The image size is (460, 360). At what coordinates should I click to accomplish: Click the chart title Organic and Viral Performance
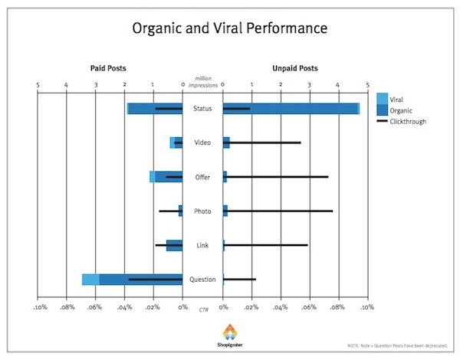[x=229, y=28]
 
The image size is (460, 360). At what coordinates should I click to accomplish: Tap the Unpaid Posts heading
[x=294, y=69]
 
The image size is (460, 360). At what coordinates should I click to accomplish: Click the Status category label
[x=202, y=109]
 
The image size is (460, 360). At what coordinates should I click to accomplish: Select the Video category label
[x=202, y=143]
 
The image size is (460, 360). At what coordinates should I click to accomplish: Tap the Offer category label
[x=202, y=177]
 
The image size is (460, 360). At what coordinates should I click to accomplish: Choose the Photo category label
[x=202, y=211]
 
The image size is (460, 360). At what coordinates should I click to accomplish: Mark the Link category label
[x=202, y=245]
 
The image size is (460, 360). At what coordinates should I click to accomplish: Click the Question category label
[x=202, y=279]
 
